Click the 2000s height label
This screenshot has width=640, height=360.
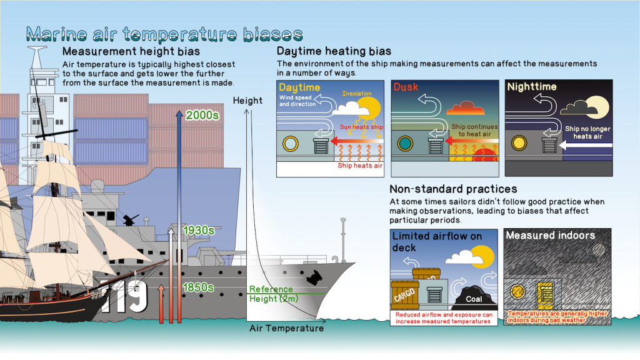202,115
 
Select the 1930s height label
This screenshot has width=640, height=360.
199,230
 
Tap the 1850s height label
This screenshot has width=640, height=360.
198,287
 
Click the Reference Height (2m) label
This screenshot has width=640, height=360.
274,294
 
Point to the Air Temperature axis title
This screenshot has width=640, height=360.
286,328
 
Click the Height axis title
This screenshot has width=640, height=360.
247,101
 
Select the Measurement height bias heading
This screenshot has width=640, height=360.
131,51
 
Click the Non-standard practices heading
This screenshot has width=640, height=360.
453,189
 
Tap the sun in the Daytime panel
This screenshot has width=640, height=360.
369,107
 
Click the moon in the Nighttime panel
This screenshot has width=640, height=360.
597,106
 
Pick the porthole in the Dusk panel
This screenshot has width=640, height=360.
405,143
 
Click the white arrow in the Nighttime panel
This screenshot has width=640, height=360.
586,145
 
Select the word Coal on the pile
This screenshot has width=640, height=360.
474,299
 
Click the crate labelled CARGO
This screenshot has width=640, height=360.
405,295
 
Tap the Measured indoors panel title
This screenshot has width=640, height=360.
550,236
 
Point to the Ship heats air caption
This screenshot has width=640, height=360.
360,165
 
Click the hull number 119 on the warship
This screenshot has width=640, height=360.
124,296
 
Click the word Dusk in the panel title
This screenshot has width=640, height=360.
406,87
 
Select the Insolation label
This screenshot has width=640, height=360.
357,94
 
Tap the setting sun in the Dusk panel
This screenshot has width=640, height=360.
485,155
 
